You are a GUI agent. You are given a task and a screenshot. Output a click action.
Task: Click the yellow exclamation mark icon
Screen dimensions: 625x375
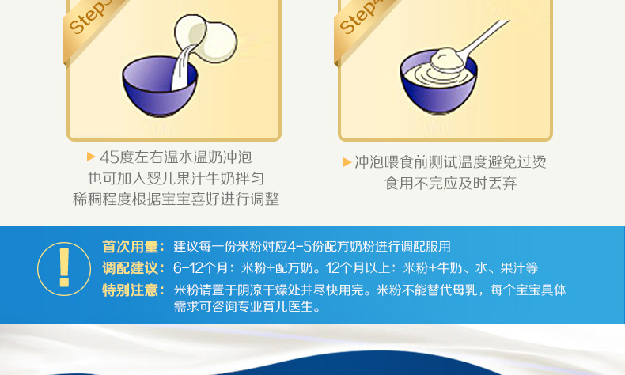pyautogui.click(x=64, y=269)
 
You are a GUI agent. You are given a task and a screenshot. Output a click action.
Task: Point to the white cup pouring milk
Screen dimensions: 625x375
pyautogui.click(x=205, y=39)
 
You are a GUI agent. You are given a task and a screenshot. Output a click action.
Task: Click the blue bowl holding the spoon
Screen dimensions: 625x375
pyautogui.click(x=438, y=82)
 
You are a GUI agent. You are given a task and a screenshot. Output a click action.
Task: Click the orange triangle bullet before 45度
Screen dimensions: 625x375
pyautogui.click(x=91, y=157)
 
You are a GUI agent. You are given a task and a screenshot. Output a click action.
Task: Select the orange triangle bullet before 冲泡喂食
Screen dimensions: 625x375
pyautogui.click(x=347, y=162)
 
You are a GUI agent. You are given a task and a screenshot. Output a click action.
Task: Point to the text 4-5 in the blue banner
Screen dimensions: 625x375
pyautogui.click(x=299, y=247)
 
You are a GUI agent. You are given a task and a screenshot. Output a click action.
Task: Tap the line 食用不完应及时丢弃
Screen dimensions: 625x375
pyautogui.click(x=450, y=184)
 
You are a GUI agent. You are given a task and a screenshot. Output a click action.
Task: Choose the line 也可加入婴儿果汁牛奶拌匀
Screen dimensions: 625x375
pyautogui.click(x=176, y=179)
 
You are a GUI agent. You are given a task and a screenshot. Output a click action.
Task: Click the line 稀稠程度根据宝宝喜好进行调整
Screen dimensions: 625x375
pyautogui.click(x=176, y=199)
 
